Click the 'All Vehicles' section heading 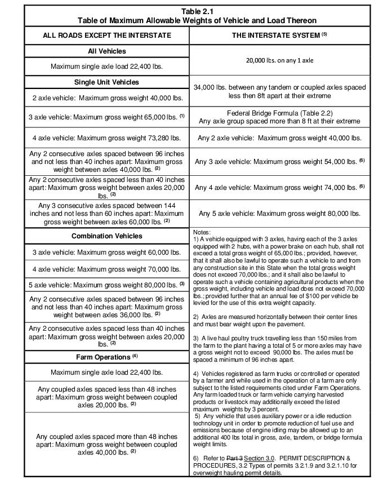point(107,51)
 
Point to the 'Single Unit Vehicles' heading point(107,82)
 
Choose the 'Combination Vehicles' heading point(107,236)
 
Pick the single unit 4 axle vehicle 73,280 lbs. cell point(107,137)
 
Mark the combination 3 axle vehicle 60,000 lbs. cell point(107,252)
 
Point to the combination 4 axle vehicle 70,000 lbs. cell point(107,269)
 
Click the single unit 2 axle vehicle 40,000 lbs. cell point(107,98)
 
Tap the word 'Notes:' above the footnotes point(202,232)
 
